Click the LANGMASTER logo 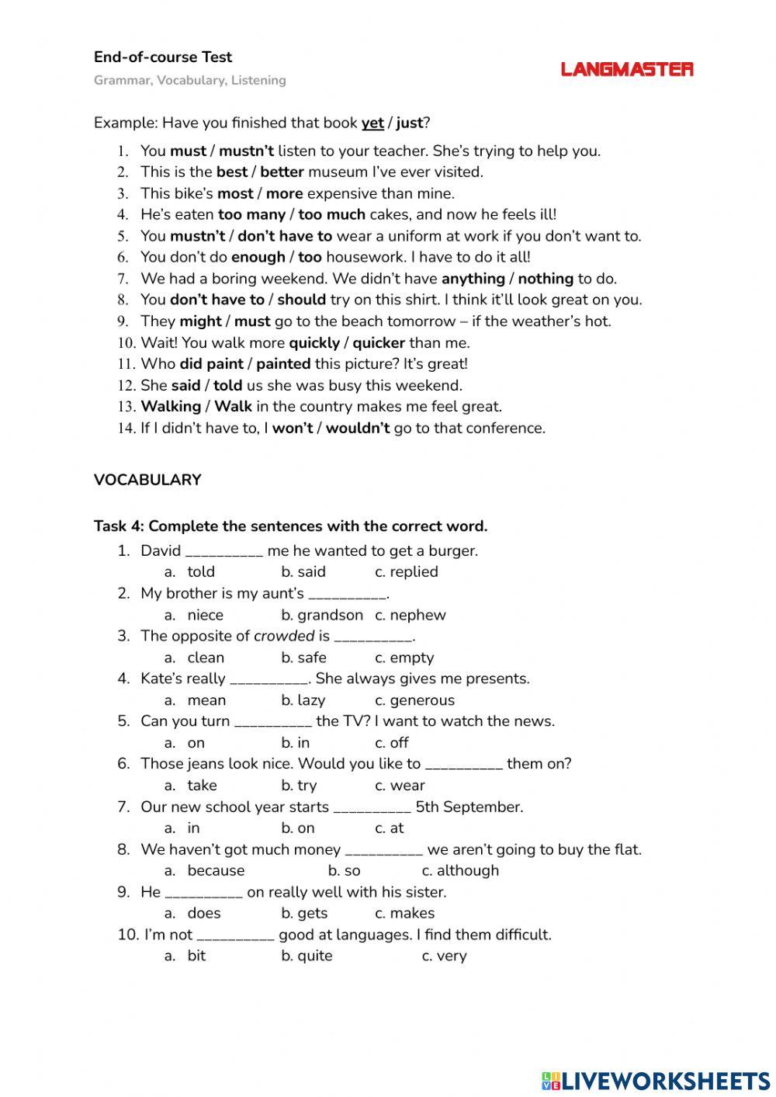pyautogui.click(x=627, y=69)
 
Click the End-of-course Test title pyautogui.click(x=163, y=57)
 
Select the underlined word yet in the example pyautogui.click(x=372, y=123)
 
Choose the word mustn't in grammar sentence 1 pyautogui.click(x=246, y=151)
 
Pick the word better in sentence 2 pyautogui.click(x=282, y=172)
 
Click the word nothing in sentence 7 pyautogui.click(x=546, y=278)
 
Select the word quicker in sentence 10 pyautogui.click(x=379, y=342)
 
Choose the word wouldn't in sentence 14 pyautogui.click(x=358, y=428)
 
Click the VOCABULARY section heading pyautogui.click(x=147, y=480)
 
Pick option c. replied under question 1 pyautogui.click(x=406, y=571)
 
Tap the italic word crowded pyautogui.click(x=284, y=636)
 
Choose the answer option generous pyautogui.click(x=414, y=700)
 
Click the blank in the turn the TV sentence pyautogui.click(x=272, y=722)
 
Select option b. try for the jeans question pyautogui.click(x=299, y=786)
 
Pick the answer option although pyautogui.click(x=460, y=871)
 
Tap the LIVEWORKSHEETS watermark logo pyautogui.click(x=656, y=1081)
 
